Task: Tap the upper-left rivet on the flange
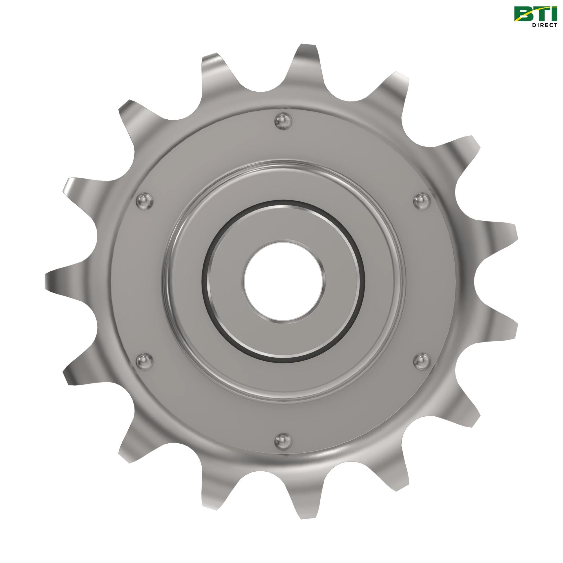point(145,200)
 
